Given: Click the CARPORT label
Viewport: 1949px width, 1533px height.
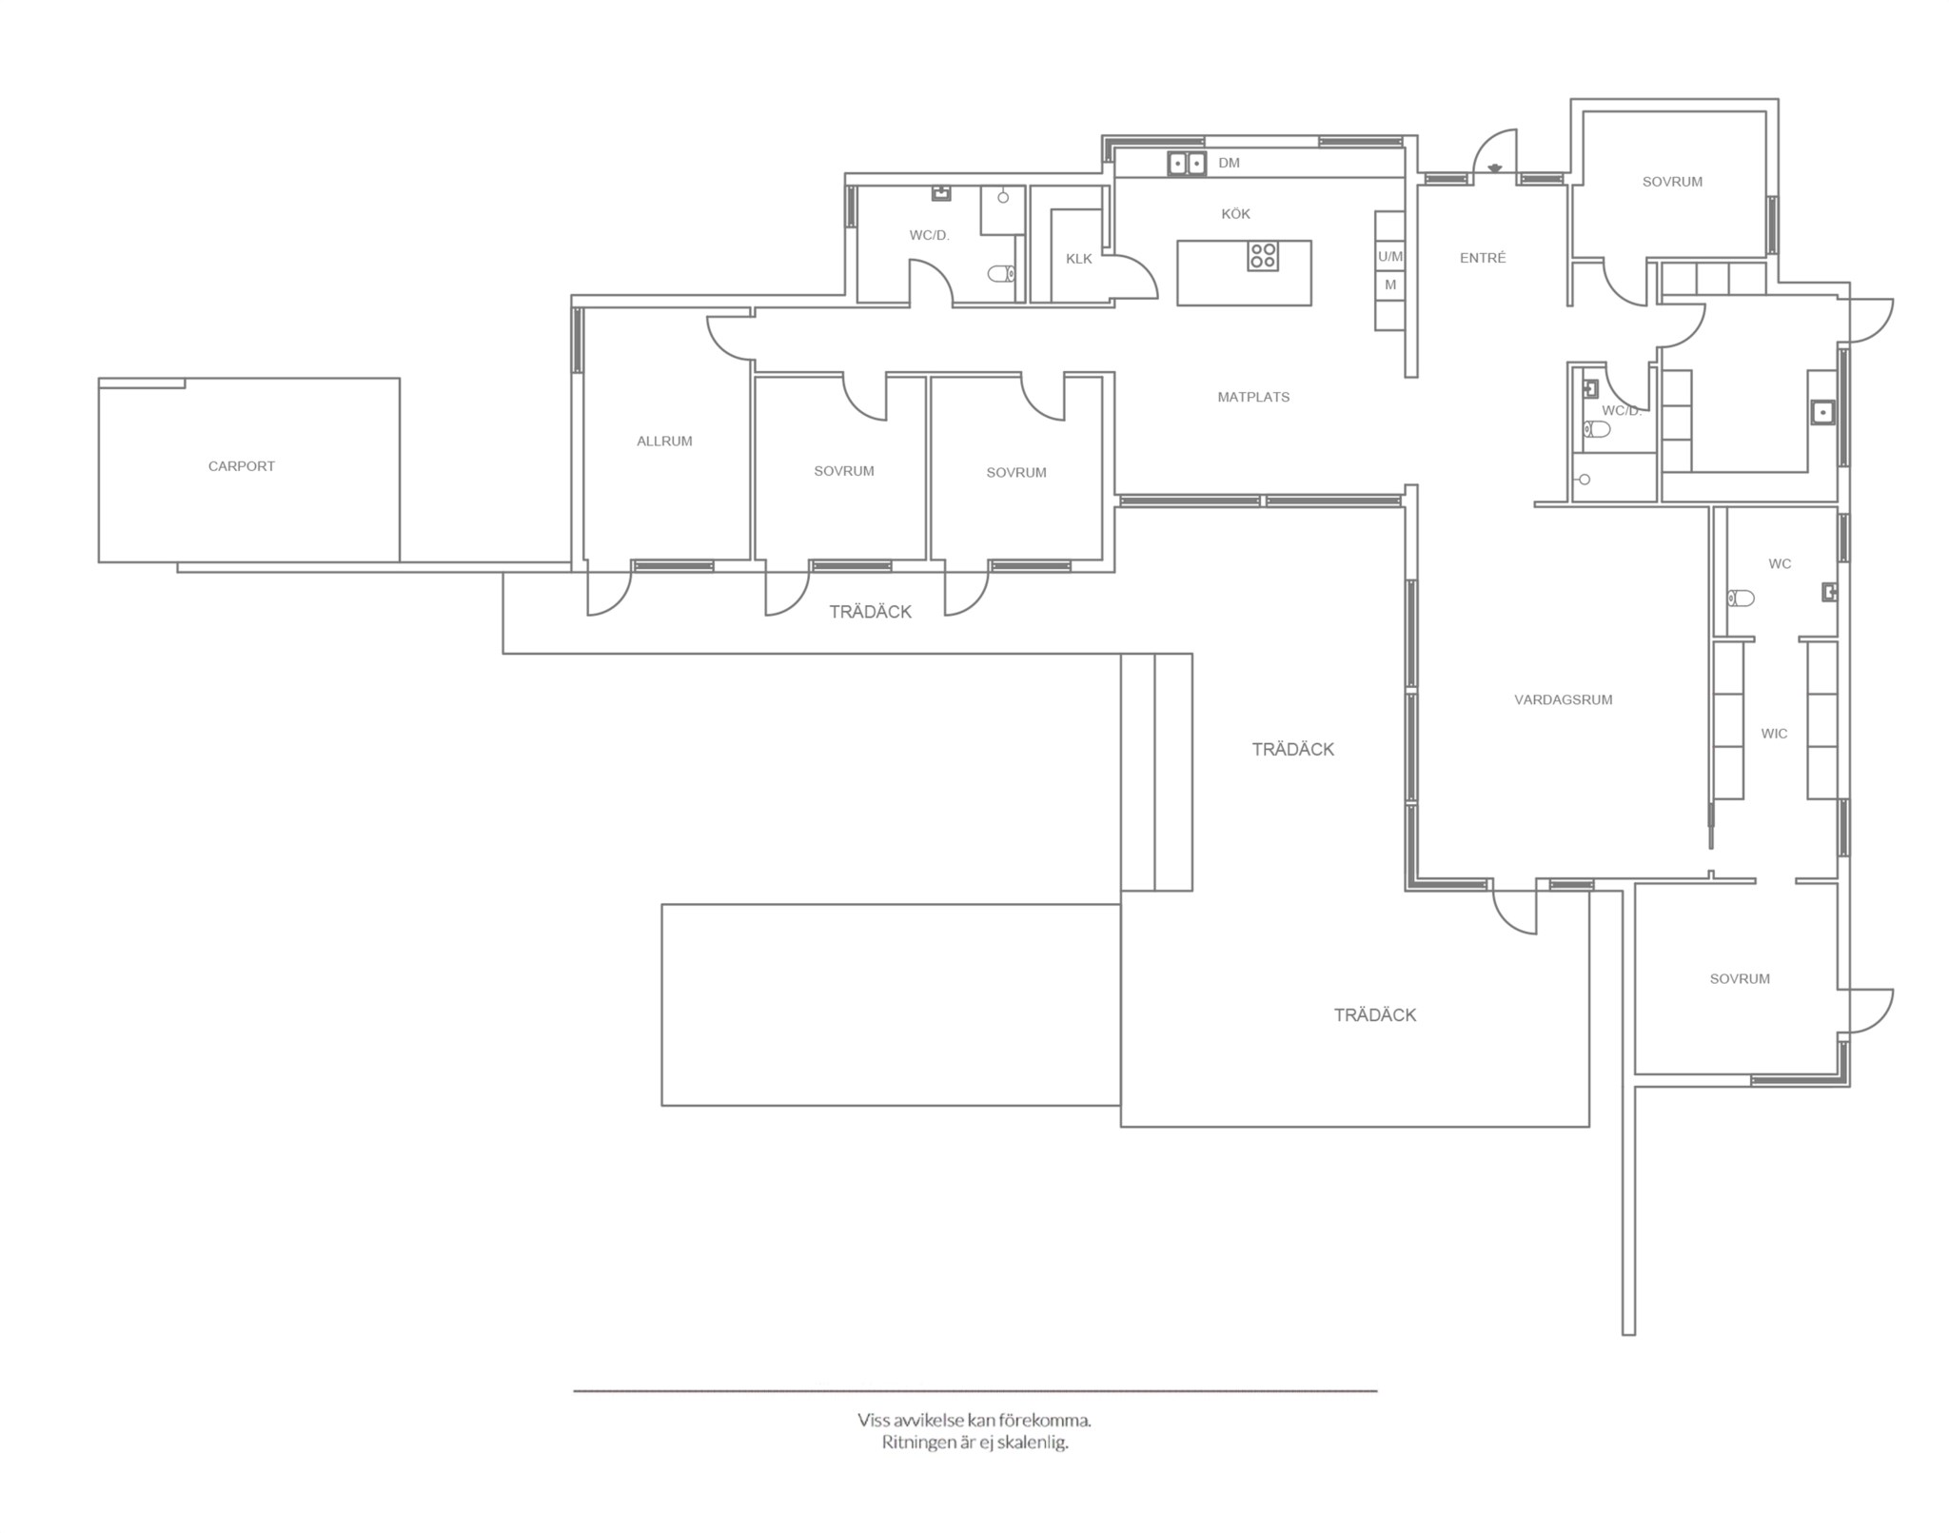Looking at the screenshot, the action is click(242, 466).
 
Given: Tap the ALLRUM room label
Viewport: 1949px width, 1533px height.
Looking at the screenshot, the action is click(664, 442).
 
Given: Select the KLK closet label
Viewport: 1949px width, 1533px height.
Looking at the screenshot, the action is click(1079, 259).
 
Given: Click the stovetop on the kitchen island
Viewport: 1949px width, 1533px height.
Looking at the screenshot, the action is click(1264, 256).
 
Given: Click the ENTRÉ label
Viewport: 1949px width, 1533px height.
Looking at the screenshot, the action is click(1483, 258).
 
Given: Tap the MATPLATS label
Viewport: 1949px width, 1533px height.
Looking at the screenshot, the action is click(1253, 398).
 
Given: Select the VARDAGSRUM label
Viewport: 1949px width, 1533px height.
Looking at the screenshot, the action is click(1564, 700).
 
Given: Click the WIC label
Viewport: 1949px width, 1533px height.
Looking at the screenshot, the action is click(1774, 734).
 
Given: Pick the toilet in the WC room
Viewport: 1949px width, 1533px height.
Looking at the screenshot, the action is click(1741, 598).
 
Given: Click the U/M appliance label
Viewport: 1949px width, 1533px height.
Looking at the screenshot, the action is click(1390, 257).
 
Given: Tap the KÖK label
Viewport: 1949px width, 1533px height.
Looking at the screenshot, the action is click(1235, 214).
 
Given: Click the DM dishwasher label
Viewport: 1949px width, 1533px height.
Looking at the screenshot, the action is click(1229, 164).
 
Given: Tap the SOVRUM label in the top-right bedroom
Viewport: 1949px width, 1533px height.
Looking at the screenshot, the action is click(1672, 182).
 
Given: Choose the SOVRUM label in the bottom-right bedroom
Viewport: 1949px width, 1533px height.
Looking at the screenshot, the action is click(1740, 979).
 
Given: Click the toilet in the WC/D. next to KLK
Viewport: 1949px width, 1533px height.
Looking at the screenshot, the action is click(1001, 274).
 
